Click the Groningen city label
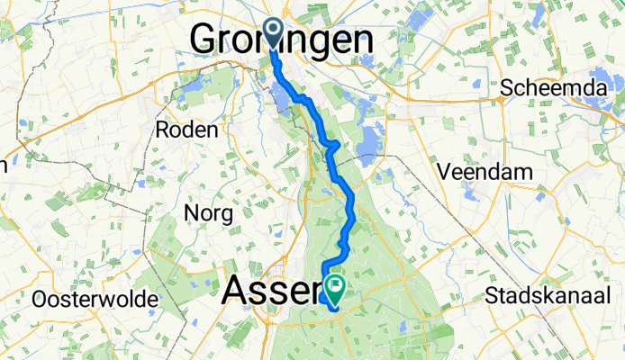(x=282, y=40)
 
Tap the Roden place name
(x=187, y=130)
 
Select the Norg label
(x=209, y=213)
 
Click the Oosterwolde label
(x=95, y=298)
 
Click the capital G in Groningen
(x=206, y=40)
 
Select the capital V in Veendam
(x=441, y=170)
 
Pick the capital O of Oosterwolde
(x=40, y=298)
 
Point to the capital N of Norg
(x=192, y=213)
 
